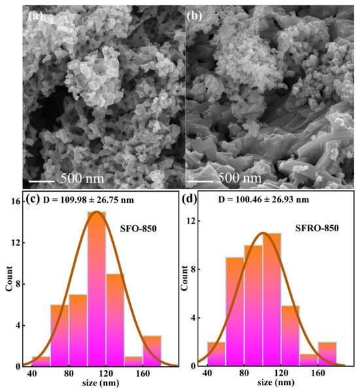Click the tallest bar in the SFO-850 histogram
96,289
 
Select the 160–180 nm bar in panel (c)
152,351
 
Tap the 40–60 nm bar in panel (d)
217,354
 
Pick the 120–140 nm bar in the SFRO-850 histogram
291,336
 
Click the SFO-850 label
138,228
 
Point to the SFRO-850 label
317,228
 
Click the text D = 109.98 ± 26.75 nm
88,200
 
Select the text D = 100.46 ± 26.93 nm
264,200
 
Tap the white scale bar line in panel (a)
41,181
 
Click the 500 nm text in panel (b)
240,178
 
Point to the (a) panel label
35,16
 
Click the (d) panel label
190,199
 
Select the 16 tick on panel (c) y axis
16,202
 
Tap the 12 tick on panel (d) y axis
192,221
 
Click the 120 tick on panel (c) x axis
105,373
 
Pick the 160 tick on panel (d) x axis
318,373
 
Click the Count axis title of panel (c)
9,279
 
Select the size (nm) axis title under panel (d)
276,382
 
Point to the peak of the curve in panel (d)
262,233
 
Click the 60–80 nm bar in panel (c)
60,336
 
